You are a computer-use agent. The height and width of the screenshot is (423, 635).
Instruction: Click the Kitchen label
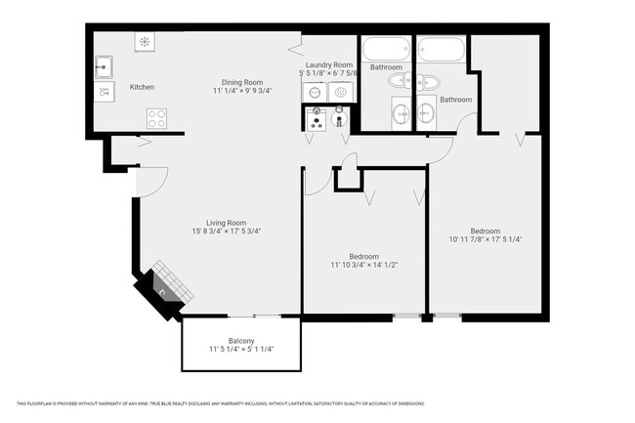pyautogui.click(x=142, y=87)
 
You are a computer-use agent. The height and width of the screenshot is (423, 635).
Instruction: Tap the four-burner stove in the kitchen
pyautogui.click(x=156, y=118)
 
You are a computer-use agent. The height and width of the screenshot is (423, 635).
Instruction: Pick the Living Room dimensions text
pyautogui.click(x=227, y=232)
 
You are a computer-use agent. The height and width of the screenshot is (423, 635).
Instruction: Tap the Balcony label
pyautogui.click(x=241, y=341)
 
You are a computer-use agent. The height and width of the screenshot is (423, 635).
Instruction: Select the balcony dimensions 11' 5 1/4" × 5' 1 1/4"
pyautogui.click(x=241, y=350)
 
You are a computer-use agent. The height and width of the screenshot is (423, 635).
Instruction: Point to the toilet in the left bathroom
pyautogui.click(x=401, y=81)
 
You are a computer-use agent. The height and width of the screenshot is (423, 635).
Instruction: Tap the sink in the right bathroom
pyautogui.click(x=426, y=114)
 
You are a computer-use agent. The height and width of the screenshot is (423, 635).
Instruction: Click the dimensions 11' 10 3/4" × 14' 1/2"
pyautogui.click(x=363, y=265)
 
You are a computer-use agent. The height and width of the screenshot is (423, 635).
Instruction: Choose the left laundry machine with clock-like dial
pyautogui.click(x=315, y=91)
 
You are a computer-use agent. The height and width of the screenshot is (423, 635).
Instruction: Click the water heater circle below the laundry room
pyautogui.click(x=339, y=119)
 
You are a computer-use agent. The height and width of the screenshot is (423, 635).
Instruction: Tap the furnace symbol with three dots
pyautogui.click(x=316, y=118)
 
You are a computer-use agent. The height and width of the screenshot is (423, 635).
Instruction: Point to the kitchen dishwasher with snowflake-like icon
pyautogui.click(x=145, y=42)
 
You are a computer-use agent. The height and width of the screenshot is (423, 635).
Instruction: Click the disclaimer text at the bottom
pyautogui.click(x=221, y=403)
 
